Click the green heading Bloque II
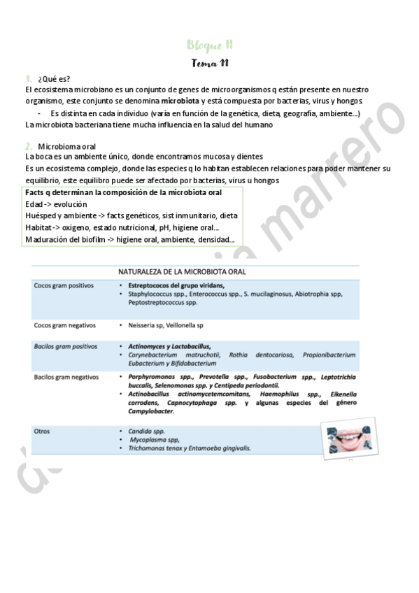[x=210, y=45]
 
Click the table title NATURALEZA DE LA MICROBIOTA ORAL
[x=192, y=271]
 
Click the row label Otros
[x=42, y=431]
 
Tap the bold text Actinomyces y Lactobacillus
[x=169, y=346]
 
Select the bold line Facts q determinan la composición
[x=123, y=192]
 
